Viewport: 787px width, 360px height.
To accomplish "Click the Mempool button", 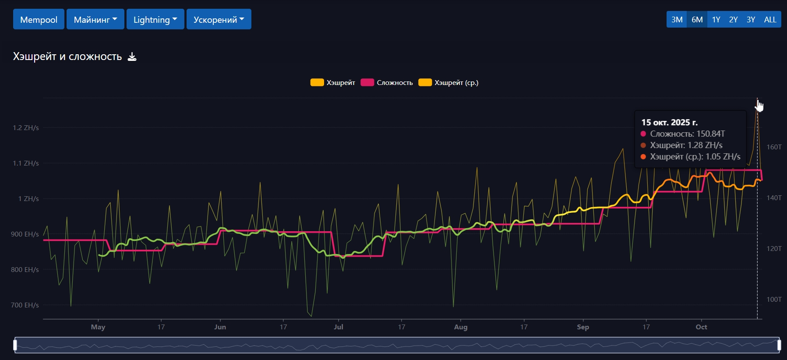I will click(x=39, y=19).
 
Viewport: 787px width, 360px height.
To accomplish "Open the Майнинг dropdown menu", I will click(x=95, y=19).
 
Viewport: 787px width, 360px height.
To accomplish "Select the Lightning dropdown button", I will click(x=155, y=19).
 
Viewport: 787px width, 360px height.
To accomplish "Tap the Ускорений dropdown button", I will click(x=219, y=19).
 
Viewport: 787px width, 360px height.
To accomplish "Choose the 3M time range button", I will click(x=677, y=19).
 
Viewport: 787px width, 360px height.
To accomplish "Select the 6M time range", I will click(x=697, y=19).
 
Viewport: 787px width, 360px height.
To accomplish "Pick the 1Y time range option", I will click(x=716, y=19).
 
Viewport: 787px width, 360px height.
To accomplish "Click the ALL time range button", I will click(x=770, y=19).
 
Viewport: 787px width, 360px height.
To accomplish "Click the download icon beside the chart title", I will click(x=132, y=56).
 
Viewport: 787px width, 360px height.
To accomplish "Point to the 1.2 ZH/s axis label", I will click(x=26, y=128).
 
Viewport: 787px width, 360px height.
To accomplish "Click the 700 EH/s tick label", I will click(x=25, y=305).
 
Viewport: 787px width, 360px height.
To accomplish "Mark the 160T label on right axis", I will click(x=774, y=147).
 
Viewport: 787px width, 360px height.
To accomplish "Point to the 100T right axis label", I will click(x=774, y=299).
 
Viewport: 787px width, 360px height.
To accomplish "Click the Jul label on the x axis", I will click(x=339, y=327).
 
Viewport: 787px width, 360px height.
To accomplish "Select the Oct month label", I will click(x=701, y=327).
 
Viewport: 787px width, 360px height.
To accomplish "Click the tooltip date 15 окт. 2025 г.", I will click(x=669, y=122).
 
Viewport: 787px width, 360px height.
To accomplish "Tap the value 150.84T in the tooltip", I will click(x=710, y=134).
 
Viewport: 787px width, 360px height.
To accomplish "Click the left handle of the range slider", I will click(x=15, y=345).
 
